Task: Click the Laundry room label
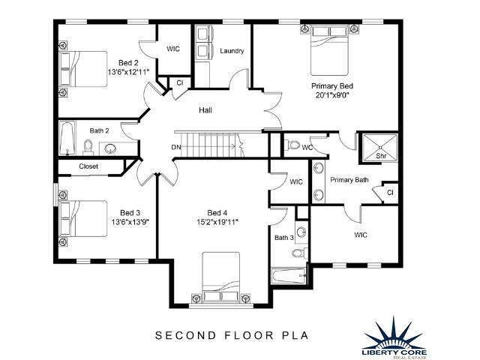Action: click(232, 51)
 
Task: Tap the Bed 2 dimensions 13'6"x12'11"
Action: click(128, 72)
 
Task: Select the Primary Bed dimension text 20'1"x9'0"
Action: click(332, 95)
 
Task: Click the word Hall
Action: click(205, 110)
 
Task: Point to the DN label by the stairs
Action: click(176, 147)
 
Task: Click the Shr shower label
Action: click(381, 156)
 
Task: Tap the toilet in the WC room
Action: click(292, 145)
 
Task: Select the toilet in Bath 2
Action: click(88, 148)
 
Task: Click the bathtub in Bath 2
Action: click(67, 138)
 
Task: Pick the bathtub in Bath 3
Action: click(289, 276)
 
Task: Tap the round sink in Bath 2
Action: click(110, 148)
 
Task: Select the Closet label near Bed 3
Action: click(88, 166)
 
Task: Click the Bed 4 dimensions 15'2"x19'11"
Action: click(217, 222)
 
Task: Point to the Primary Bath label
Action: click(349, 180)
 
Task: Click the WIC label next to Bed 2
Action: click(173, 49)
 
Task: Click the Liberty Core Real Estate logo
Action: click(394, 338)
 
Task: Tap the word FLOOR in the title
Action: click(249, 335)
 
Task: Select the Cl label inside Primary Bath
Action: click(390, 193)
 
